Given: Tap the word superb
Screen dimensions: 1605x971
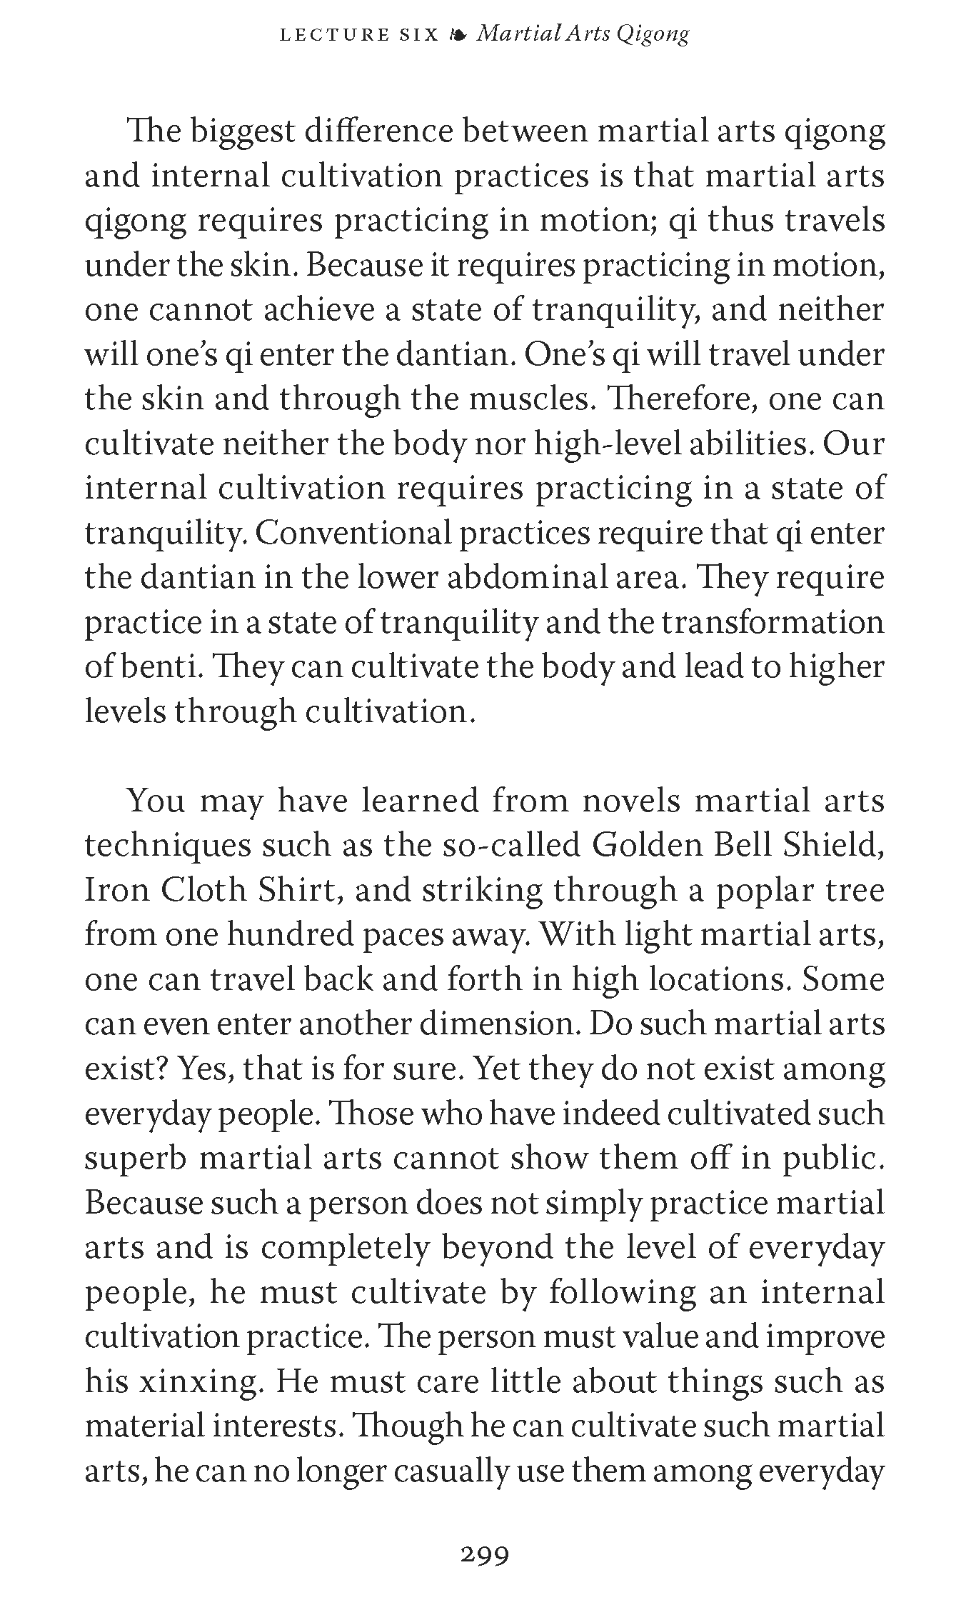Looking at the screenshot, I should [x=135, y=1158].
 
